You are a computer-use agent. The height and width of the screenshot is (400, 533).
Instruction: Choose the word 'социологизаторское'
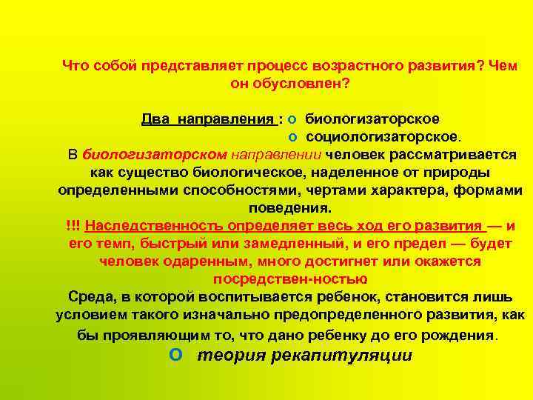pyautogui.click(x=382, y=136)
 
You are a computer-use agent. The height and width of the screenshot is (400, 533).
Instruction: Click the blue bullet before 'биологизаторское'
pyautogui.click(x=292, y=119)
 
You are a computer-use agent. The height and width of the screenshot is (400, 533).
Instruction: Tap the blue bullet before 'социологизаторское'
pyautogui.click(x=292, y=137)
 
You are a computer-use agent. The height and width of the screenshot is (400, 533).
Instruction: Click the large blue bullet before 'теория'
pyautogui.click(x=175, y=354)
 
